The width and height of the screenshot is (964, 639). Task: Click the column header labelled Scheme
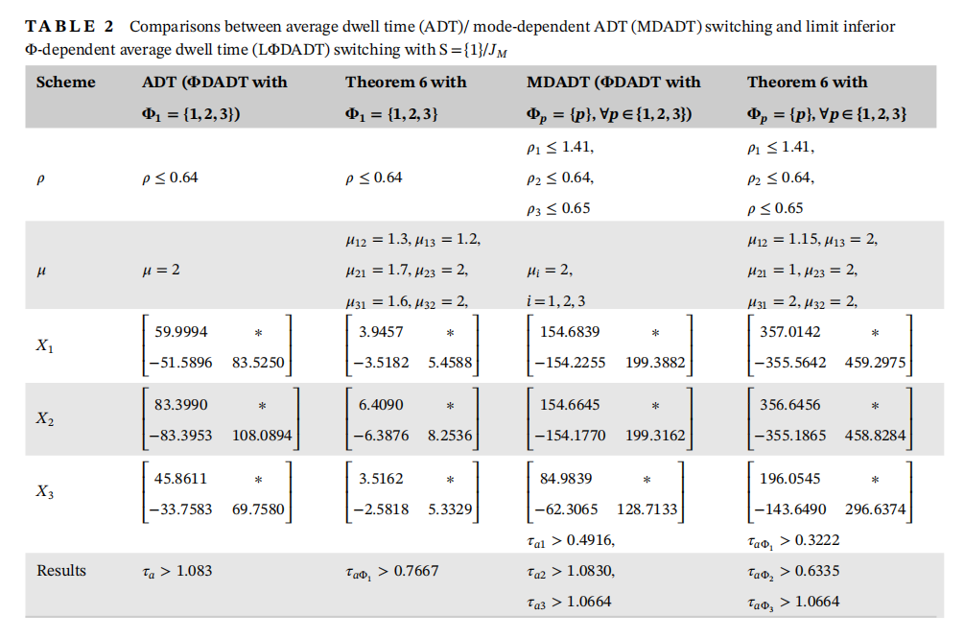pyautogui.click(x=66, y=83)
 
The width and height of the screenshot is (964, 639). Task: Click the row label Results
pyautogui.click(x=61, y=571)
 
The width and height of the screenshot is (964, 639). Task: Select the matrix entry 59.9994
pyautogui.click(x=181, y=332)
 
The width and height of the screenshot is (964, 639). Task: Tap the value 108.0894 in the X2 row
pyautogui.click(x=262, y=436)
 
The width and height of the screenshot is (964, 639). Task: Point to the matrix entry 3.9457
pyautogui.click(x=381, y=332)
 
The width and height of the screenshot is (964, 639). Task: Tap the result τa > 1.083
pyautogui.click(x=177, y=571)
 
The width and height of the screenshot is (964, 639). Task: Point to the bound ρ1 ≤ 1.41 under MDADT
pyautogui.click(x=561, y=147)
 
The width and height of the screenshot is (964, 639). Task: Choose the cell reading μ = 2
pyautogui.click(x=161, y=270)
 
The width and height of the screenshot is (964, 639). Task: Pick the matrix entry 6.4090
pyautogui.click(x=381, y=406)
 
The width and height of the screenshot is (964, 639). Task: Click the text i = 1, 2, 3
pyautogui.click(x=558, y=300)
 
